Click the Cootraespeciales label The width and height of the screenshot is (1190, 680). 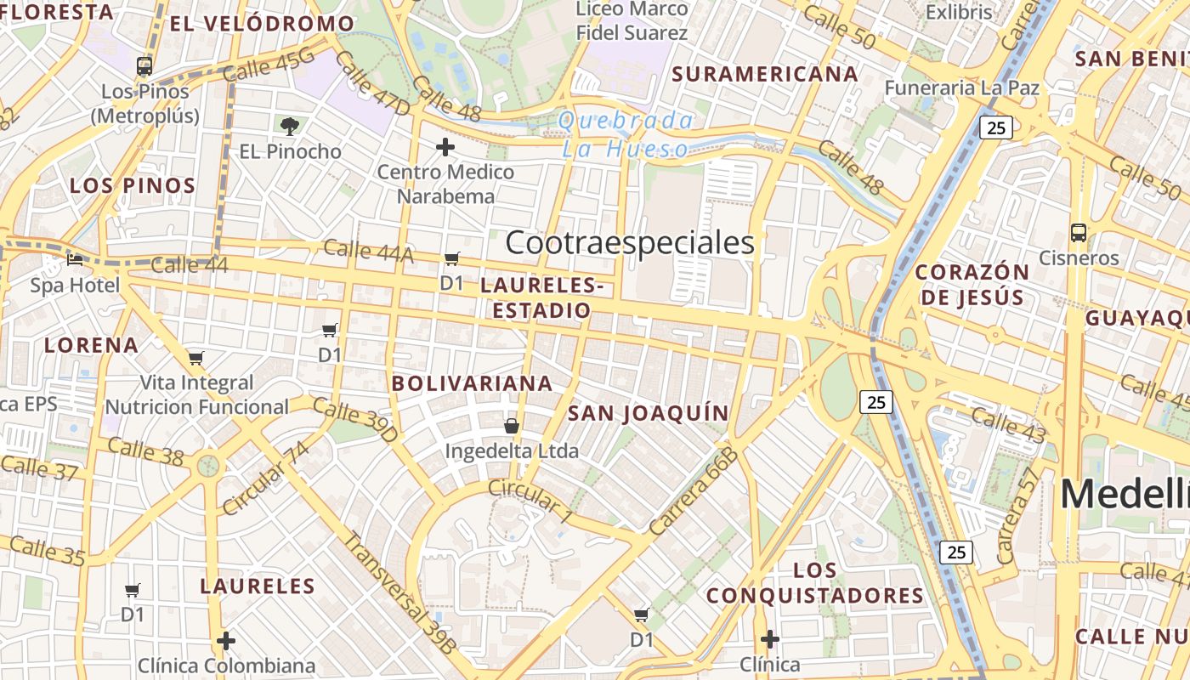click(630, 243)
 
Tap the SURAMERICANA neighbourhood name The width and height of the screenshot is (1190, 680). click(765, 74)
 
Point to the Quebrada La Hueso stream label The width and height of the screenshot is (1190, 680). click(626, 134)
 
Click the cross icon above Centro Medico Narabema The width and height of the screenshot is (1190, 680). click(445, 147)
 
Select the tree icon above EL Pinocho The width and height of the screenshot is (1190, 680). click(290, 127)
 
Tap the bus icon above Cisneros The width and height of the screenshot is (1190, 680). click(1079, 232)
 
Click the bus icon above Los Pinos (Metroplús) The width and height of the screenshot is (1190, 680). click(144, 65)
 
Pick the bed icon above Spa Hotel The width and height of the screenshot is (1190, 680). click(75, 259)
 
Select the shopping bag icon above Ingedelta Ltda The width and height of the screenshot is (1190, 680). click(512, 425)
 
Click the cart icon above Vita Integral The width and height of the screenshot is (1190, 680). click(196, 358)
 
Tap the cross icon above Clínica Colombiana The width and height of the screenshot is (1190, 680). click(226, 640)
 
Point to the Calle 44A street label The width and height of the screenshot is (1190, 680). click(368, 251)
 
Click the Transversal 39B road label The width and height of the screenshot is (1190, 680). click(399, 592)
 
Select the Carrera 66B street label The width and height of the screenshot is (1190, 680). click(694, 491)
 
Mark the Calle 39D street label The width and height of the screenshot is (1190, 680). click(354, 420)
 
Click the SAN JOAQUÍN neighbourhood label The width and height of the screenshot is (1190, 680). click(648, 414)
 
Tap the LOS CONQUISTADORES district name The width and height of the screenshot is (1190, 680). click(815, 583)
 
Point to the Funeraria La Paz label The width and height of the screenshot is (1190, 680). click(962, 88)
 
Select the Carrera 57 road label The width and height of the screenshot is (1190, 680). click(1017, 515)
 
